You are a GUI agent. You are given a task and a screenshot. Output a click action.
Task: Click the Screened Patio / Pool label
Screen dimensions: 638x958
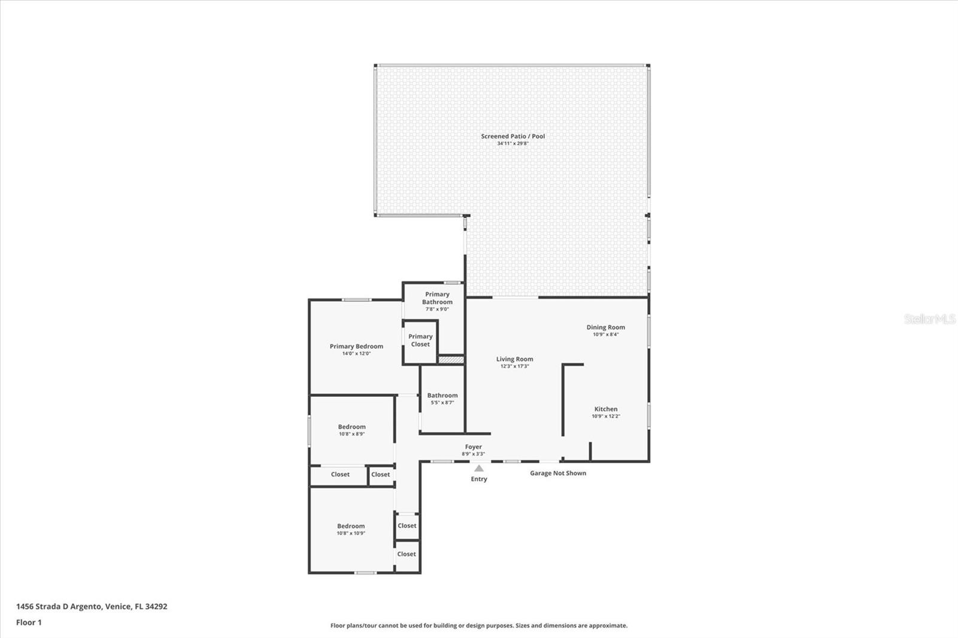click(513, 136)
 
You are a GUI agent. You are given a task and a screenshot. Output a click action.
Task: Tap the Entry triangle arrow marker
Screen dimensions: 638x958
click(479, 469)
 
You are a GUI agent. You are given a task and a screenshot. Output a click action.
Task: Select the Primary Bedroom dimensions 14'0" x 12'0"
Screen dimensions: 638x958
click(356, 354)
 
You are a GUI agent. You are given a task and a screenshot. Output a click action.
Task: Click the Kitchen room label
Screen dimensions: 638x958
click(606, 409)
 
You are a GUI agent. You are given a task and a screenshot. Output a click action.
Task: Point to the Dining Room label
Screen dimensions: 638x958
click(605, 327)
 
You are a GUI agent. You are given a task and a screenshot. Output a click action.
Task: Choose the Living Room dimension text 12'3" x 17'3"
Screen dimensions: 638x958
click(514, 366)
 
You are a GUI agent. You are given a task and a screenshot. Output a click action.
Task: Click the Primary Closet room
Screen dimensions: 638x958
click(420, 341)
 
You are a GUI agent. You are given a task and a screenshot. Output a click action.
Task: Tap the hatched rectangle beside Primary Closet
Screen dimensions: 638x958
click(451, 360)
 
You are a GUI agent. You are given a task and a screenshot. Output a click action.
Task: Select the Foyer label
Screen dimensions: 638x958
click(473, 447)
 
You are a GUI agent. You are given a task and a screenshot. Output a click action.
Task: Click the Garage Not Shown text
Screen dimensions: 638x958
click(557, 473)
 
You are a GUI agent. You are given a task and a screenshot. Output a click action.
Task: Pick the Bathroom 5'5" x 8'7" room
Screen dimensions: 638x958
click(442, 399)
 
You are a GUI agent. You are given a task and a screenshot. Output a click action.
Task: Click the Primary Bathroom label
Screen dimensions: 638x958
click(437, 298)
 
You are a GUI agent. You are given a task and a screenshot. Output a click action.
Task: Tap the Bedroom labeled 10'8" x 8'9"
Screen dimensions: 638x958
click(351, 430)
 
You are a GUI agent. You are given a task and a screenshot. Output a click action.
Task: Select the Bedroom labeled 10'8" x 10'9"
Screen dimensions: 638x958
click(351, 529)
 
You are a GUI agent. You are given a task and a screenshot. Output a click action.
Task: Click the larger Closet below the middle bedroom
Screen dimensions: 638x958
click(339, 475)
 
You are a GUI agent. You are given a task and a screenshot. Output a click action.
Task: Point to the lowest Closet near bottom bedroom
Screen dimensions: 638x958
click(407, 554)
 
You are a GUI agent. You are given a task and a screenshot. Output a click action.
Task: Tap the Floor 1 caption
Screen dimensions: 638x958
click(29, 622)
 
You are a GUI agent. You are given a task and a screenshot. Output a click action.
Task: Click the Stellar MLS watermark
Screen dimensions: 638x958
click(929, 319)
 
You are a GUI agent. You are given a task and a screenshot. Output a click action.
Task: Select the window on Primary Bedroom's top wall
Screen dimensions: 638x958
click(356, 300)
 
